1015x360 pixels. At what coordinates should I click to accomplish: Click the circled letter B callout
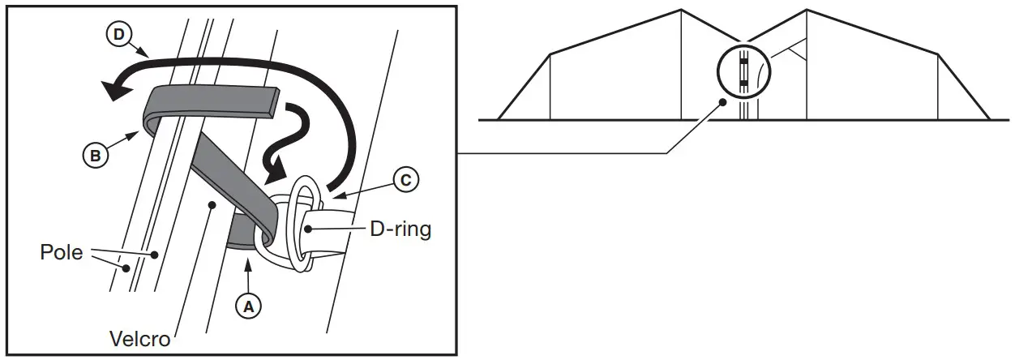(x=96, y=155)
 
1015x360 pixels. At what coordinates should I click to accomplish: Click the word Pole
(x=62, y=252)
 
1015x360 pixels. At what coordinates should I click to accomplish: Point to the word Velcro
(x=139, y=339)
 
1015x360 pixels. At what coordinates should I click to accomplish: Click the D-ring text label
(x=400, y=229)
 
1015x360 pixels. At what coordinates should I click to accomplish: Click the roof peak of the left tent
(x=679, y=10)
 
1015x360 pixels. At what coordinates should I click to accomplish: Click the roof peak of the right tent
(x=807, y=10)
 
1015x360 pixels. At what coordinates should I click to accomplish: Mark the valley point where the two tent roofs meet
(x=743, y=42)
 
